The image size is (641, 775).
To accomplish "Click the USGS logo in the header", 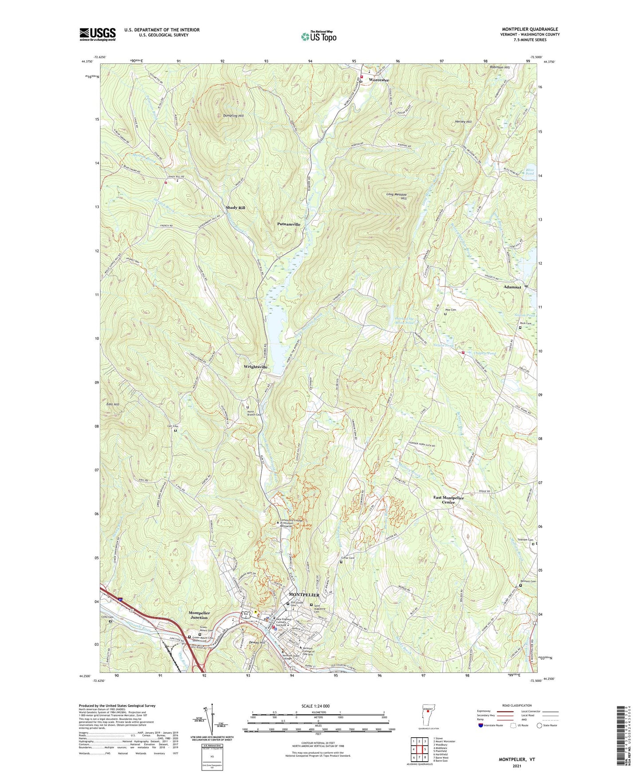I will point(98,34).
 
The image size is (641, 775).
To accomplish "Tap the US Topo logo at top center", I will point(318,36).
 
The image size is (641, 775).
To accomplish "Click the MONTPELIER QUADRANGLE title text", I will point(530,29).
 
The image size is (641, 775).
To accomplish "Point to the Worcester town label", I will point(378,80).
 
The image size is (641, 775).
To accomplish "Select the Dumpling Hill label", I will point(233,116).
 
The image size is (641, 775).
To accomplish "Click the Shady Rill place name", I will point(235,208).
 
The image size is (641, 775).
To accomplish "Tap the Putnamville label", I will point(288,224).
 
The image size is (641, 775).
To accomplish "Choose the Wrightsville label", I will point(256,367).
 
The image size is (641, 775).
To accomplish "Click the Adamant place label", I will point(512,287).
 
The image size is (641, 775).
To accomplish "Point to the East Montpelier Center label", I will point(448,500).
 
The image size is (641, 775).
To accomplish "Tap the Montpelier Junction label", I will point(199,615).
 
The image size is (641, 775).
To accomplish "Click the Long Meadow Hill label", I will point(397,196).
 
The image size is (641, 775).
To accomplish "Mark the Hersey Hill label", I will point(463,122).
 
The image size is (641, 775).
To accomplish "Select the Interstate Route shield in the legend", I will point(481,725).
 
